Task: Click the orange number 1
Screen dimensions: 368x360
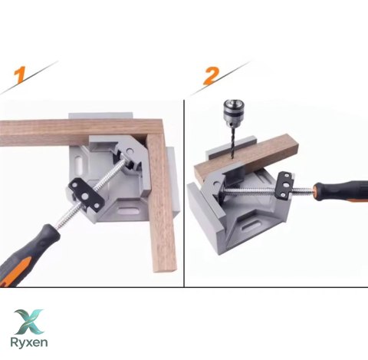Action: coord(20,75)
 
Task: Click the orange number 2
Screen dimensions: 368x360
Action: coord(211,75)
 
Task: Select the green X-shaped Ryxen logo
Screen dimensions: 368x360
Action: coord(28,322)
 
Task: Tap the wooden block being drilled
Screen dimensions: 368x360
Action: coord(246,157)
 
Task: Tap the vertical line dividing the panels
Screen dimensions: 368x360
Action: coord(184,193)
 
